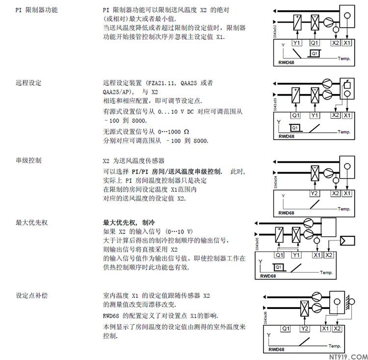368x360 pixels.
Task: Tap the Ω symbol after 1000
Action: [185, 132]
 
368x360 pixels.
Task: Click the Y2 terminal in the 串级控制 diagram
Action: [315, 193]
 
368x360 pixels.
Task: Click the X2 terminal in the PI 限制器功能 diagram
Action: [336, 43]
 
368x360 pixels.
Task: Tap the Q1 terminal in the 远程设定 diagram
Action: [295, 115]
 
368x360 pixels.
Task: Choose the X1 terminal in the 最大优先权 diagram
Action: [316, 255]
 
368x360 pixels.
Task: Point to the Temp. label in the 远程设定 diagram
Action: [345, 132]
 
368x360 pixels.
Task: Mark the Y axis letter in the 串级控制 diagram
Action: [283, 196]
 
